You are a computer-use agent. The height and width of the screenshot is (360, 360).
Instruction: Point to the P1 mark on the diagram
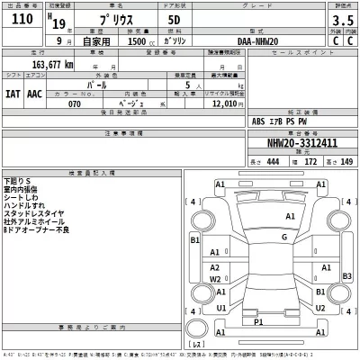tap(258, 320)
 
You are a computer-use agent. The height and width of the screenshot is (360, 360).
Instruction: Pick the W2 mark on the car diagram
tap(215, 280)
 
